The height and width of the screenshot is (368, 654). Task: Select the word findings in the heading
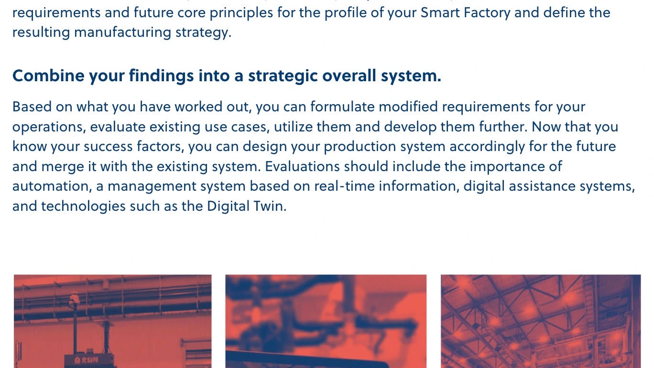point(161,76)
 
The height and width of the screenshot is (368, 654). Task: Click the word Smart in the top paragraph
point(440,12)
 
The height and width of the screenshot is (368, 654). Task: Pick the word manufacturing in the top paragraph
point(122,32)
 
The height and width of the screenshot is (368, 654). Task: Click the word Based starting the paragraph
point(32,107)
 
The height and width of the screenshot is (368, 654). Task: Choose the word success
point(108,147)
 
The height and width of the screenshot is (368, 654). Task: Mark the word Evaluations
point(302,167)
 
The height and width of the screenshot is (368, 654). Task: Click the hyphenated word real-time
point(344,186)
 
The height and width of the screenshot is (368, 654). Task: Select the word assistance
point(542,186)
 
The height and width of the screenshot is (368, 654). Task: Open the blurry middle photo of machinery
point(326,321)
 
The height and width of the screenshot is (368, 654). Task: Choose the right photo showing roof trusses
point(541,321)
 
